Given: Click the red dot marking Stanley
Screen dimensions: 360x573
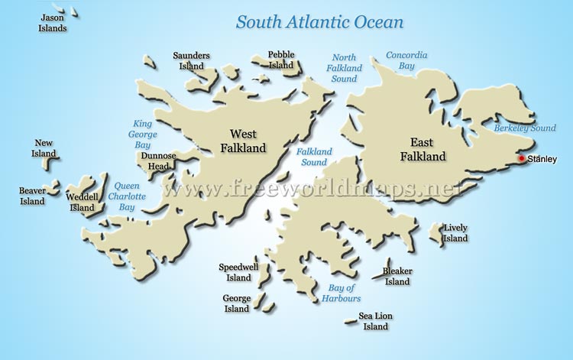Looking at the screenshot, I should (x=522, y=159).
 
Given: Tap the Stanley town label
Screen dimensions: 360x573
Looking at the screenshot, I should (x=542, y=159).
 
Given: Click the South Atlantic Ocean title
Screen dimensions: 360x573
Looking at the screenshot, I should (x=319, y=21).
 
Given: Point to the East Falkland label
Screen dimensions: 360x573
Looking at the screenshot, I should (x=422, y=149).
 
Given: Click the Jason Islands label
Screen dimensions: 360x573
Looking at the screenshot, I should (x=53, y=23).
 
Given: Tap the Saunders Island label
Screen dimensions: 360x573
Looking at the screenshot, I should (x=191, y=60).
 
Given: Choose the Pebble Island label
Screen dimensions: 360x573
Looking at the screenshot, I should (x=280, y=60).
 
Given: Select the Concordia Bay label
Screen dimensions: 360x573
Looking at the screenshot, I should (x=406, y=61).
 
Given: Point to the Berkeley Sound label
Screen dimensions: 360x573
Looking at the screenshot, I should (x=524, y=128).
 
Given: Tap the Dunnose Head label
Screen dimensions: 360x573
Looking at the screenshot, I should (x=158, y=161).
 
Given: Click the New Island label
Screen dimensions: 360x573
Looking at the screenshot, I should (x=44, y=148).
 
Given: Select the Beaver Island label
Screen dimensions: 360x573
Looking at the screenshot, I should (x=33, y=196).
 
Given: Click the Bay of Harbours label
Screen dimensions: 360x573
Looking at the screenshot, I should (x=344, y=293).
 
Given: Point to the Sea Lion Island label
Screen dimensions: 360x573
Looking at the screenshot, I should (x=375, y=321).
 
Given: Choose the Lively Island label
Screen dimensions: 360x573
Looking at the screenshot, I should (x=455, y=233).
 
